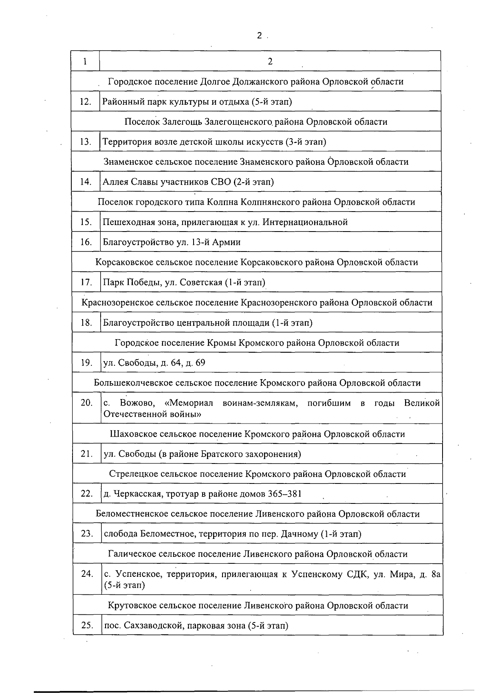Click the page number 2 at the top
[x=259, y=36]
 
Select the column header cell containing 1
[x=85, y=61]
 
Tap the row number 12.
[x=86, y=102]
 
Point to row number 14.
[x=86, y=182]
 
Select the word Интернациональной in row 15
[x=305, y=222]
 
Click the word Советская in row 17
[x=201, y=282]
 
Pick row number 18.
[x=86, y=323]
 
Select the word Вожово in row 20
[x=137, y=403]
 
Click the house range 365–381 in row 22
[x=285, y=494]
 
